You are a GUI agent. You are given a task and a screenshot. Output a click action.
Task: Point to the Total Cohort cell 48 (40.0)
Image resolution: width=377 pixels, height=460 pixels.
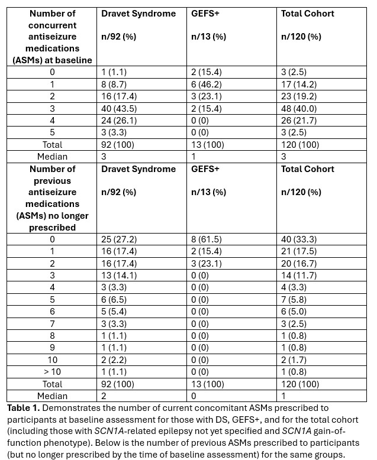[299, 109]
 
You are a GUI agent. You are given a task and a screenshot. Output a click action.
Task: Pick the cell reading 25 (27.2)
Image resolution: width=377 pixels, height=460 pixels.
[118, 239]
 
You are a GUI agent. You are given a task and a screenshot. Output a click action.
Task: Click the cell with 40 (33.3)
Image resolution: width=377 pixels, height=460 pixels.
[299, 239]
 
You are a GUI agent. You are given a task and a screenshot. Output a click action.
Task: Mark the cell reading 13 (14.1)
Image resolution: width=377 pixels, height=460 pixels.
[118, 276]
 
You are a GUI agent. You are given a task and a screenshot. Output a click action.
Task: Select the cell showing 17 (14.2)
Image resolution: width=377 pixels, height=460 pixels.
[299, 85]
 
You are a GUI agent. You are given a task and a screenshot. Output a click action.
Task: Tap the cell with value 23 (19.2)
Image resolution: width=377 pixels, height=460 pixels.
[299, 96]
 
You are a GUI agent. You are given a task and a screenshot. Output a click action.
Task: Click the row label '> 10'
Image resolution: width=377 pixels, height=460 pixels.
[52, 371]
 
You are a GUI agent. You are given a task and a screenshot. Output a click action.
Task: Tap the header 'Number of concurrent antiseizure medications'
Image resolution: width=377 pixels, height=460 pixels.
[52, 37]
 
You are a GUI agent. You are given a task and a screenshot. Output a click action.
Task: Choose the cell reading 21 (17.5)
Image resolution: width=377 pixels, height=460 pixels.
[299, 251]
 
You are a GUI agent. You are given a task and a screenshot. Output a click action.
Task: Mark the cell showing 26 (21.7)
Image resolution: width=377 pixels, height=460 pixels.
[299, 121]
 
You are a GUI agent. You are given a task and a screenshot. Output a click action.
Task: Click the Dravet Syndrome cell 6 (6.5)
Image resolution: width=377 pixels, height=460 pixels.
[115, 300]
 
